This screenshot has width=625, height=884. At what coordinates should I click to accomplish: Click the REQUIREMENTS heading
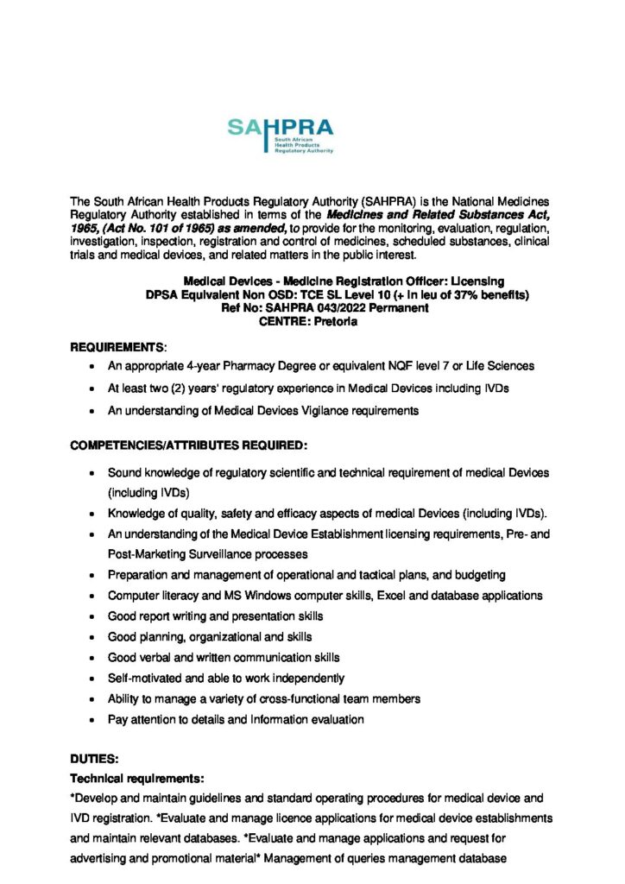[x=117, y=347]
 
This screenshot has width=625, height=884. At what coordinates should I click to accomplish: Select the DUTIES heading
[x=93, y=760]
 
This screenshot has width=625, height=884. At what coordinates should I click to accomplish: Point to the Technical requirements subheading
[x=136, y=778]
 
